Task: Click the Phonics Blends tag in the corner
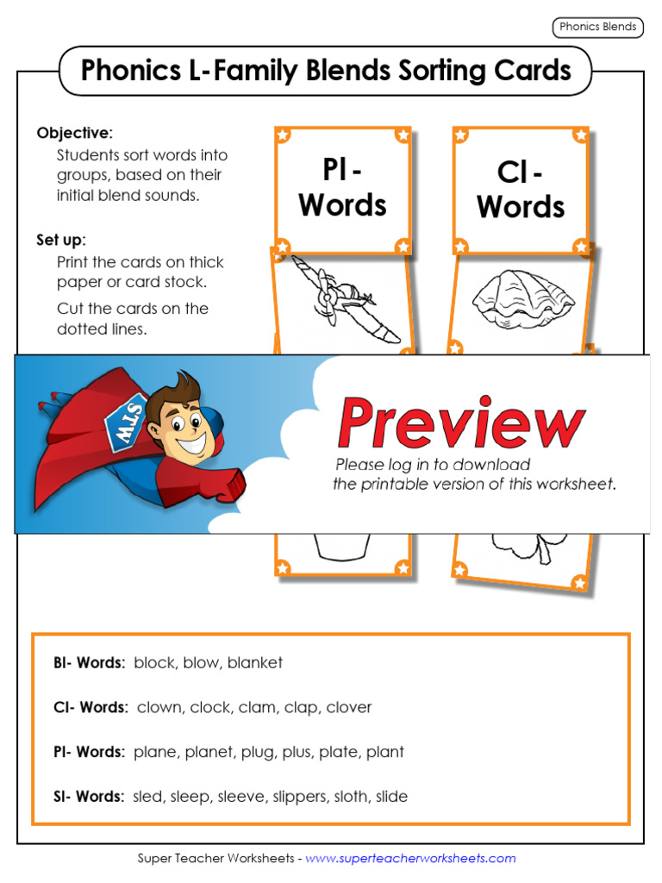(597, 27)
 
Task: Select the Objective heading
(74, 133)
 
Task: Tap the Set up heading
(60, 240)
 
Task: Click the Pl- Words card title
(342, 188)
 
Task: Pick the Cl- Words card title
(521, 190)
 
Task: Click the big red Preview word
(460, 423)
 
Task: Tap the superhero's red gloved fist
(228, 485)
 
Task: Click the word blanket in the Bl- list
(255, 662)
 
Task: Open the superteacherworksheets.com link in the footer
(410, 858)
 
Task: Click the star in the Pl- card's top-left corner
(282, 135)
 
